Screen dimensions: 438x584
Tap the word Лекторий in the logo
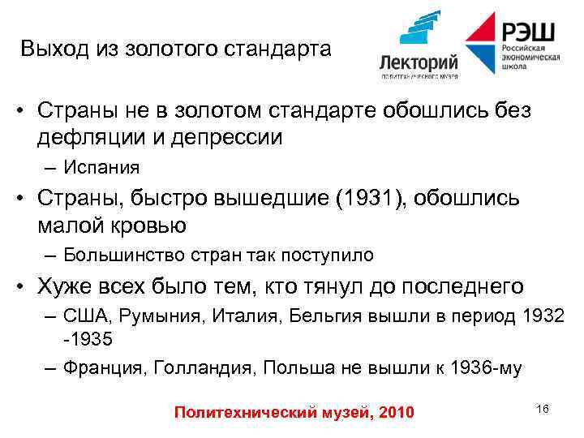(419, 62)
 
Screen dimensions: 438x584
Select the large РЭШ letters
(528, 32)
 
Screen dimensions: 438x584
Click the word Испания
(102, 168)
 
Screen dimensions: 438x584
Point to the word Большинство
(122, 255)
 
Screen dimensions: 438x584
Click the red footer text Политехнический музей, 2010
(294, 414)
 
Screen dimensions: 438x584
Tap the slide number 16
(543, 408)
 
